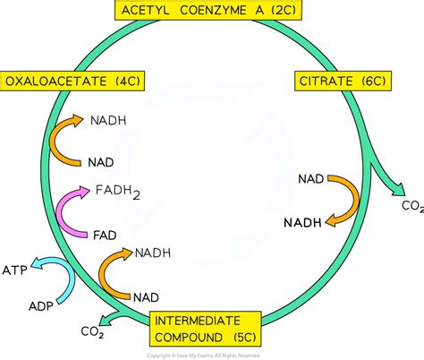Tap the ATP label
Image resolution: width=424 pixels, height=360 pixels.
(13, 266)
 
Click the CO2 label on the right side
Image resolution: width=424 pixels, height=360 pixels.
(411, 206)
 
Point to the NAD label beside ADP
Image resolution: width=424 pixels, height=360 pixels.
(145, 295)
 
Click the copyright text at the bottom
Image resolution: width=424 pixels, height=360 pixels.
(212, 355)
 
